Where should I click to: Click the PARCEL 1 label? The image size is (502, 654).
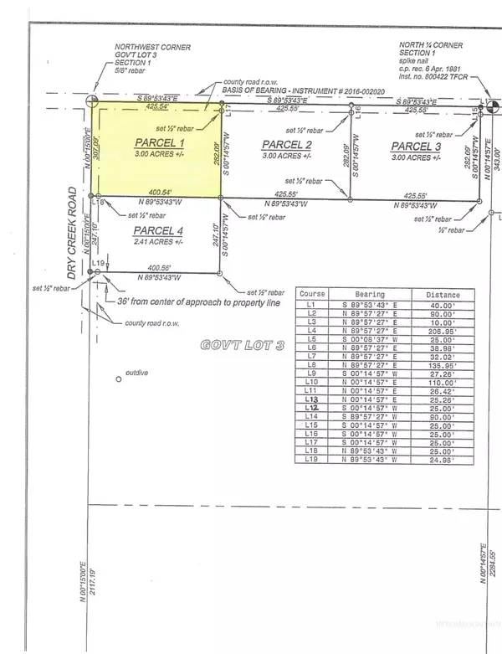tap(159, 143)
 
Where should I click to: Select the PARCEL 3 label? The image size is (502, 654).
tap(416, 147)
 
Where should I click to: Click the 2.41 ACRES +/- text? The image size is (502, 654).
tap(157, 241)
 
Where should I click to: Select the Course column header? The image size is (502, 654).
tap(313, 295)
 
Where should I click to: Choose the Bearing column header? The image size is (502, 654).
tap(369, 295)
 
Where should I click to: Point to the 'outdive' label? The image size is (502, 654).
tap(137, 373)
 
